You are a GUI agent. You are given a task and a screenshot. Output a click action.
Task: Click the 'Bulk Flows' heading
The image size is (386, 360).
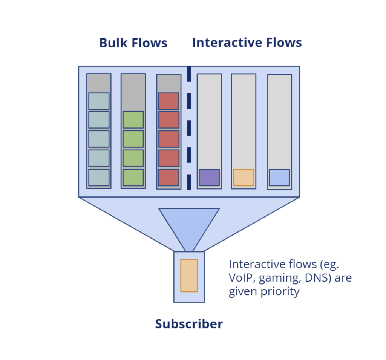[x=133, y=43]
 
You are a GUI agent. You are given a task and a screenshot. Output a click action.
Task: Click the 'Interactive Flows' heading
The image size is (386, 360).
[x=247, y=43]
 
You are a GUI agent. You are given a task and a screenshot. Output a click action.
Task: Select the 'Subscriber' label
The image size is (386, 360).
[x=189, y=324]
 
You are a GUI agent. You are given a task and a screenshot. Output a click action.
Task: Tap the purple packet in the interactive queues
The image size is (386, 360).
[x=209, y=177]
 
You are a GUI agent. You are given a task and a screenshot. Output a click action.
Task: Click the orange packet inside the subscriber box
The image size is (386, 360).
[x=189, y=276]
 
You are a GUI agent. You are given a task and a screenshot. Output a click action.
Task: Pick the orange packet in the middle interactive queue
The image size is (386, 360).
[x=244, y=177]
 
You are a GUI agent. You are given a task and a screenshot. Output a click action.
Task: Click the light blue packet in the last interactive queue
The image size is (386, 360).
[x=279, y=177]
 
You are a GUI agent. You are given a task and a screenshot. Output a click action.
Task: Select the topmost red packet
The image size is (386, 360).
[x=168, y=101]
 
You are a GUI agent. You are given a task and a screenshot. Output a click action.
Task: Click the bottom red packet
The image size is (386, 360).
[x=168, y=177]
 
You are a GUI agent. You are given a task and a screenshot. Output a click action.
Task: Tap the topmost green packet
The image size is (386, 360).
[x=133, y=119]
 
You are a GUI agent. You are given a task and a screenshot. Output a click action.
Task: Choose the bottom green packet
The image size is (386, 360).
[x=133, y=177]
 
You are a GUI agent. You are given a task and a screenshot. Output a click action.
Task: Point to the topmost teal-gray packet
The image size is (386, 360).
[x=99, y=101]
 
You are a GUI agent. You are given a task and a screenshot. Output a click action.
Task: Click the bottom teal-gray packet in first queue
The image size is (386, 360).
[x=99, y=177]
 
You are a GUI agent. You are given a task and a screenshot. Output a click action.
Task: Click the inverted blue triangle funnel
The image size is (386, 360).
[x=189, y=224]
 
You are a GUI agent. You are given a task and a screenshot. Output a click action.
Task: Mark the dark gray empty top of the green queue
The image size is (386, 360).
[x=133, y=92]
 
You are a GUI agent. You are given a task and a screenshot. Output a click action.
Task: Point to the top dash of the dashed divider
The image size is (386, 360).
[x=189, y=72]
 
